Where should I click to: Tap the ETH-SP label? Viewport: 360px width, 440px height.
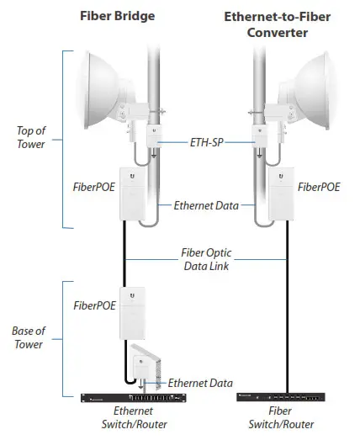208,142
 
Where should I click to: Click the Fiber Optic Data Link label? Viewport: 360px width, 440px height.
207,258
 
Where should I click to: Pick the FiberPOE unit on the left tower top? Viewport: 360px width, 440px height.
133,193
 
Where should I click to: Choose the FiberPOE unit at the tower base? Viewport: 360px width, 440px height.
133,309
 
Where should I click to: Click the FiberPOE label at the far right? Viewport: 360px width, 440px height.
320,188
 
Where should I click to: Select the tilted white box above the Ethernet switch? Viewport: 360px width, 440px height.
149,363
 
